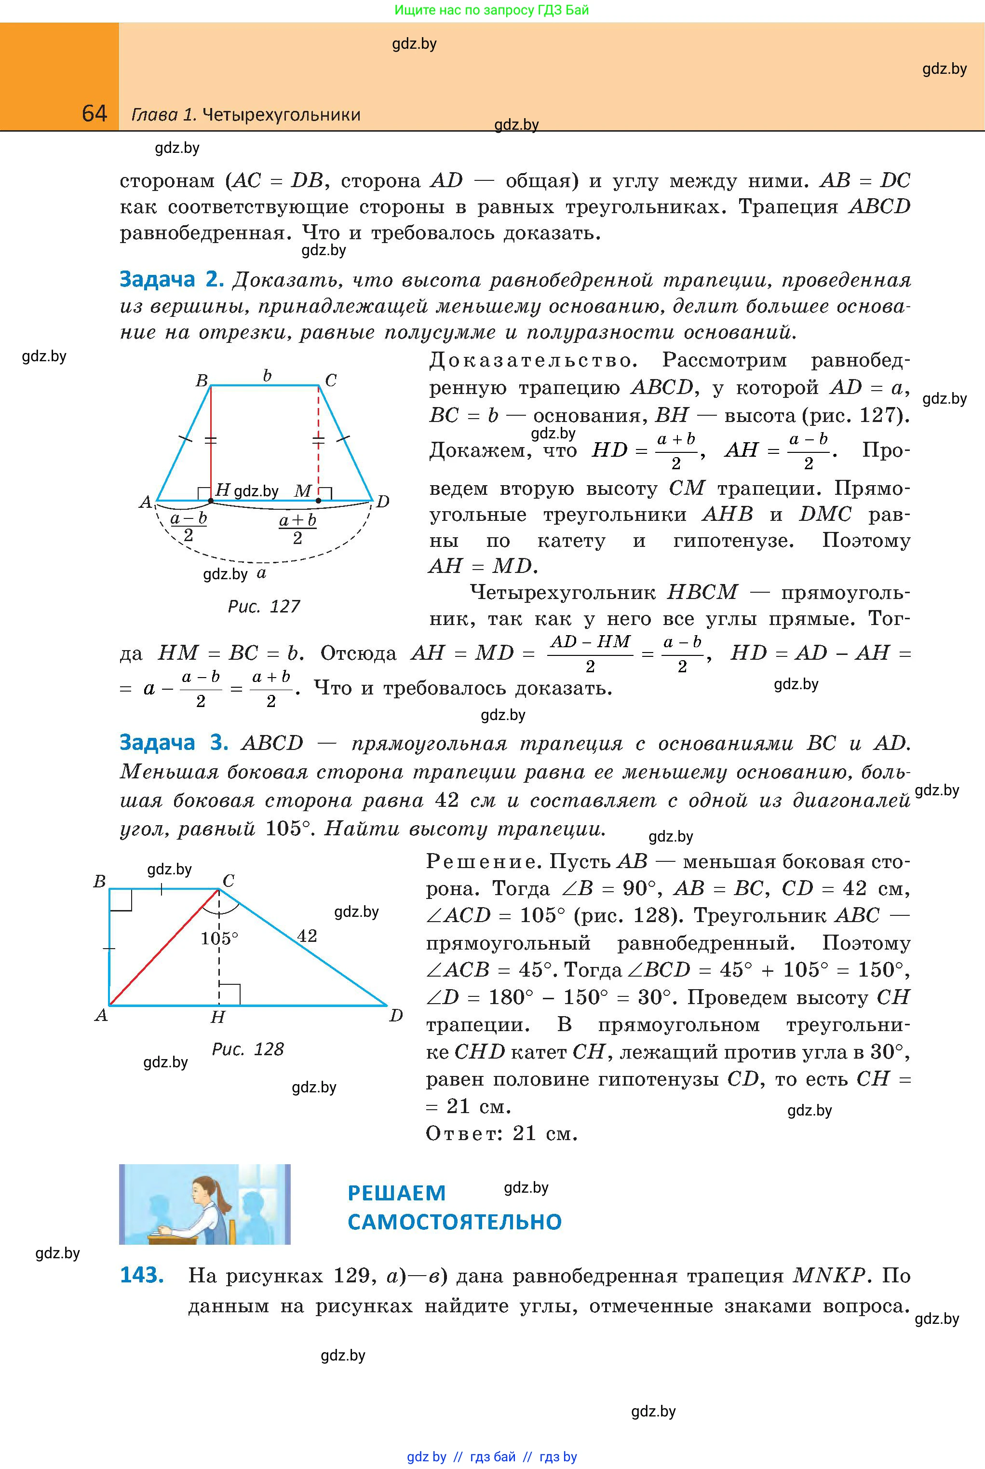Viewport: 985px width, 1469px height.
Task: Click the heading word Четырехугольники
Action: pyautogui.click(x=282, y=114)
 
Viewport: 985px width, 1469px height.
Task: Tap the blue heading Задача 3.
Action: pyautogui.click(x=174, y=743)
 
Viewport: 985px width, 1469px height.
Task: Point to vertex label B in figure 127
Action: pyautogui.click(x=202, y=380)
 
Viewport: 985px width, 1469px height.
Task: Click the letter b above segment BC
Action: pyautogui.click(x=267, y=376)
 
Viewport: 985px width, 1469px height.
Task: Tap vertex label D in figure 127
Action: pyautogui.click(x=382, y=502)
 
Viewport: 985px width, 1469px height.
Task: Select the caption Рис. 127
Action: pyautogui.click(x=263, y=606)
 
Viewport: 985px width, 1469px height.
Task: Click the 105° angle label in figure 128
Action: pyautogui.click(x=219, y=938)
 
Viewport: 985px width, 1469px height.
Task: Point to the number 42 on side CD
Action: pyautogui.click(x=307, y=936)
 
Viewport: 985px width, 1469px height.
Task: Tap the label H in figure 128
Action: pyautogui.click(x=217, y=1017)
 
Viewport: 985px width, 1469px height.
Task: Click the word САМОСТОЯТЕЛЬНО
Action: pyautogui.click(x=454, y=1222)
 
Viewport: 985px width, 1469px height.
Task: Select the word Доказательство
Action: pyautogui.click(x=533, y=361)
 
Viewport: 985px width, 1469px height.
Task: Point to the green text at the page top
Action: pyautogui.click(x=492, y=10)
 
